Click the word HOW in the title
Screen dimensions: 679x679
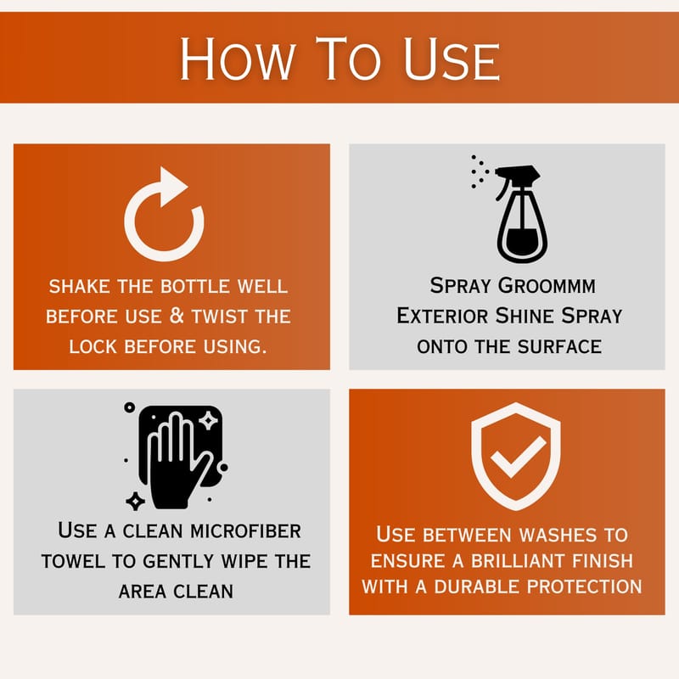(238, 59)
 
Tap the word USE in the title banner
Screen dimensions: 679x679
(452, 59)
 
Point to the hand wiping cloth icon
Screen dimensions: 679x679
(176, 456)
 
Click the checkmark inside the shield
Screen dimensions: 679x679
(518, 456)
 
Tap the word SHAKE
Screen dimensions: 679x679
(79, 286)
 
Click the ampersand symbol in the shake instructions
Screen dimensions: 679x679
(177, 316)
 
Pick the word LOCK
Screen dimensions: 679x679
(93, 347)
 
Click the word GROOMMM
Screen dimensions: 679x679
(547, 286)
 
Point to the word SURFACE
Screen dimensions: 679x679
(559, 347)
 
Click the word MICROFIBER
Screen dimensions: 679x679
(245, 531)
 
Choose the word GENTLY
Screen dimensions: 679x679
(178, 561)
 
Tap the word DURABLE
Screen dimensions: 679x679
(477, 586)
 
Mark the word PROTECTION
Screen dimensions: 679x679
(585, 586)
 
